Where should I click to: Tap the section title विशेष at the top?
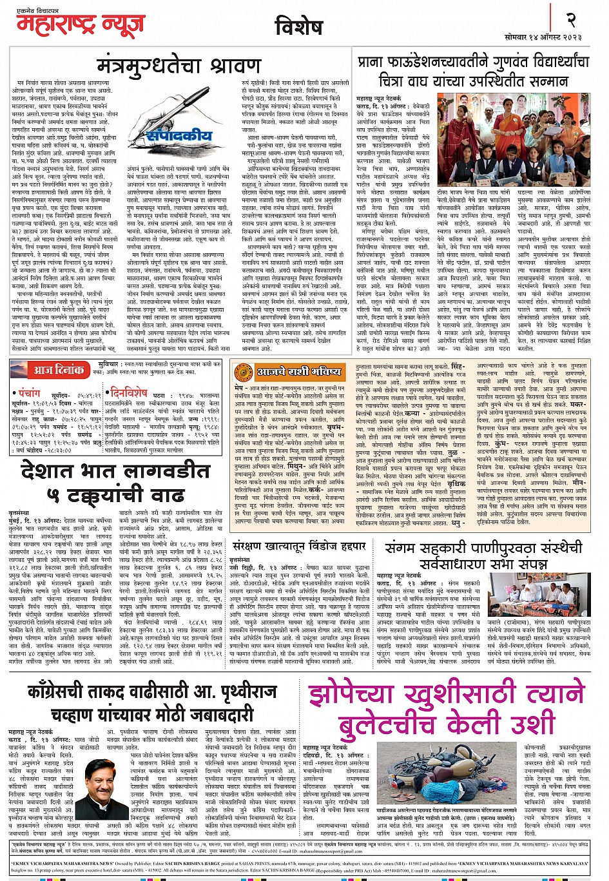298,27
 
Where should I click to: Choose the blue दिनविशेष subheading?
128,392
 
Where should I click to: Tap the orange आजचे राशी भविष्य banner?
295,372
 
